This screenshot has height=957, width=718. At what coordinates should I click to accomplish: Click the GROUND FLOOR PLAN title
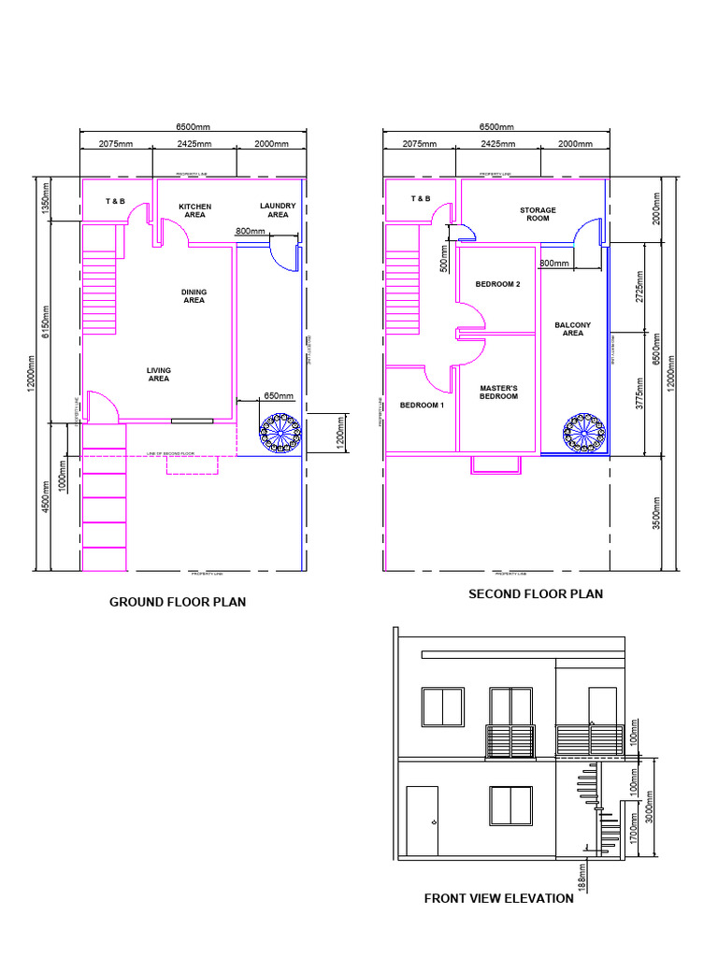[178, 602]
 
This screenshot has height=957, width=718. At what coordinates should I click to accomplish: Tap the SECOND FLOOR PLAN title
[536, 593]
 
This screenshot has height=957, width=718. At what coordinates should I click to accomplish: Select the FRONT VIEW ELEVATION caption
[498, 898]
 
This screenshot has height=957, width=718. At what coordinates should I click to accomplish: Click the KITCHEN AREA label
[194, 210]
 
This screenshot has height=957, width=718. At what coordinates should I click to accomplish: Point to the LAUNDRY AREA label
[278, 210]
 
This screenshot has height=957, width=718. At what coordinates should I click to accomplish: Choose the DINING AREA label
[194, 296]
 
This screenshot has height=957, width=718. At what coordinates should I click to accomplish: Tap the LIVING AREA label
[159, 375]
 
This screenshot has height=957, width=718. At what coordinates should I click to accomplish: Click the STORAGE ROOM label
[538, 214]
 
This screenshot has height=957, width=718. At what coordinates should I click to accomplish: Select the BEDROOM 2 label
[497, 284]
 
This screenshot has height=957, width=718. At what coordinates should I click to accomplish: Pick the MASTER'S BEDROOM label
[498, 392]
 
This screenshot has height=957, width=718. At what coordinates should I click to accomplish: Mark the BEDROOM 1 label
[423, 406]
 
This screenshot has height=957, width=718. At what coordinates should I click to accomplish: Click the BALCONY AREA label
[573, 329]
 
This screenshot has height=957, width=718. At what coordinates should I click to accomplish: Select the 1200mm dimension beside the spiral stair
[339, 434]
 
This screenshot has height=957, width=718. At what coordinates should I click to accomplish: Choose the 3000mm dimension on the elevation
[647, 807]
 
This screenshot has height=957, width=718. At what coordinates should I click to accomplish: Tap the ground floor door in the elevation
[423, 821]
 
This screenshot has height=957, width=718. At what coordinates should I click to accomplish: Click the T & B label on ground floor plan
[115, 201]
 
